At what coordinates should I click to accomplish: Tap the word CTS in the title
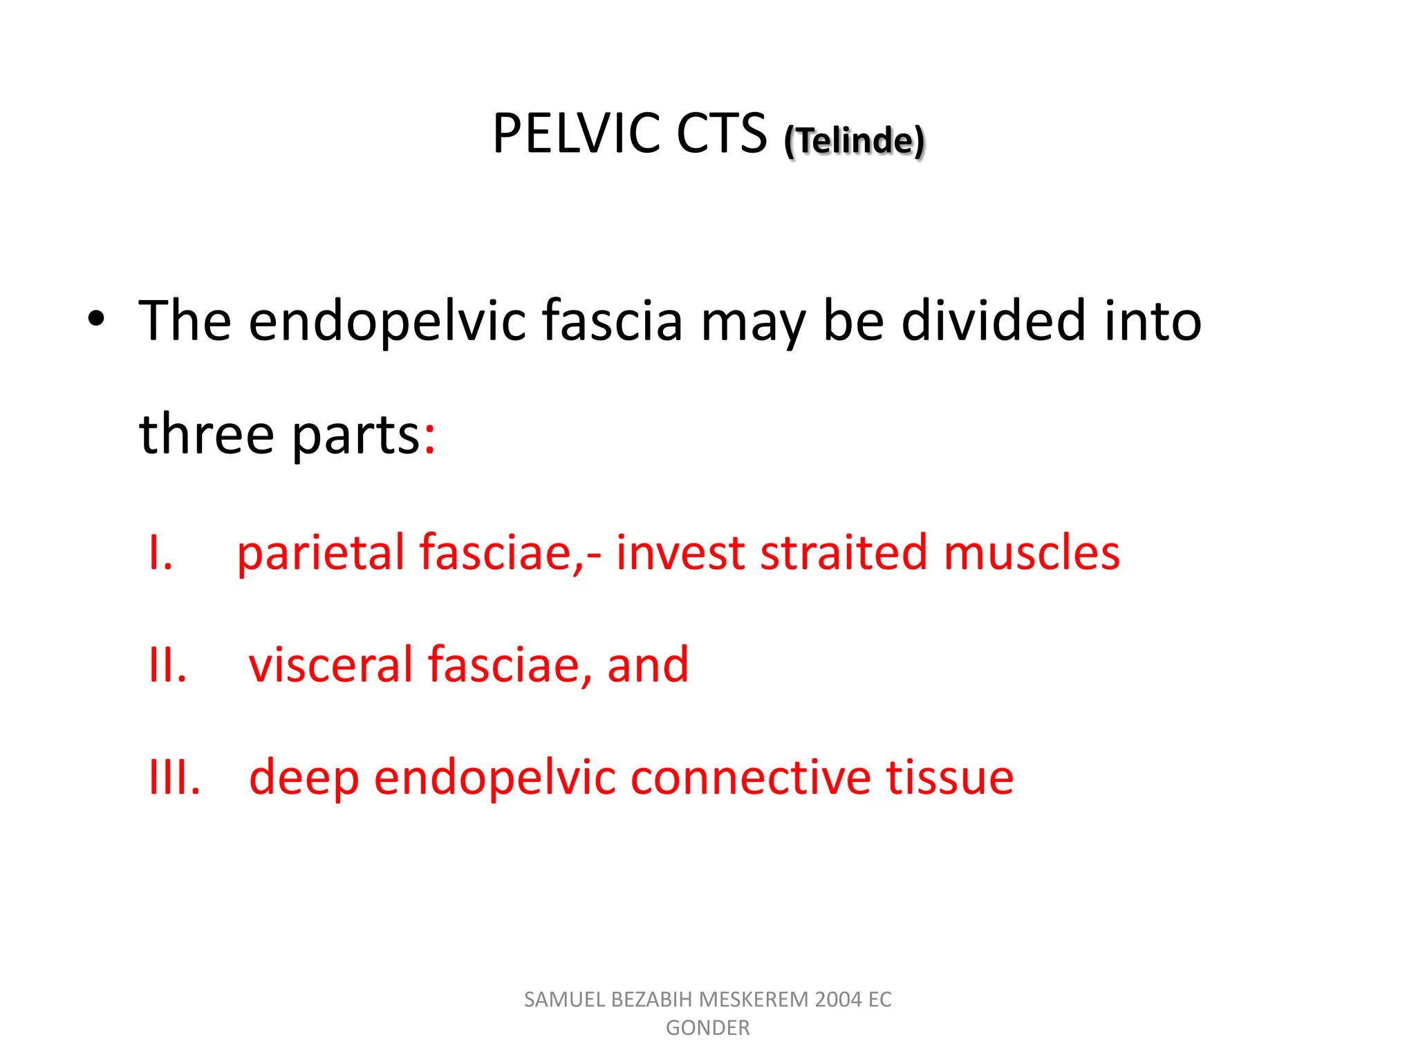(721, 133)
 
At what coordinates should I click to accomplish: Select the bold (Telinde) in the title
(854, 140)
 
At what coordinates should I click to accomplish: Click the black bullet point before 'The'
(96, 319)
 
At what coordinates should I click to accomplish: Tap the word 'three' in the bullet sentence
(206, 434)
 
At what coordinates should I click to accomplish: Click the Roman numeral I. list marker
(160, 553)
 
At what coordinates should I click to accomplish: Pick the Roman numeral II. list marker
(167, 665)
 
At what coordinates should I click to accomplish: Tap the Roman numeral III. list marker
(174, 778)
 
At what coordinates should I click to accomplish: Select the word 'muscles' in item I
(1031, 553)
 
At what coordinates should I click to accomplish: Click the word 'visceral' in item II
(331, 665)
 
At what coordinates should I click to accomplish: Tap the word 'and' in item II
(648, 665)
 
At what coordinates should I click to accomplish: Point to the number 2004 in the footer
(839, 1000)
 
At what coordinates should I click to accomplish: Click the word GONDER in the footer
(707, 1028)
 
